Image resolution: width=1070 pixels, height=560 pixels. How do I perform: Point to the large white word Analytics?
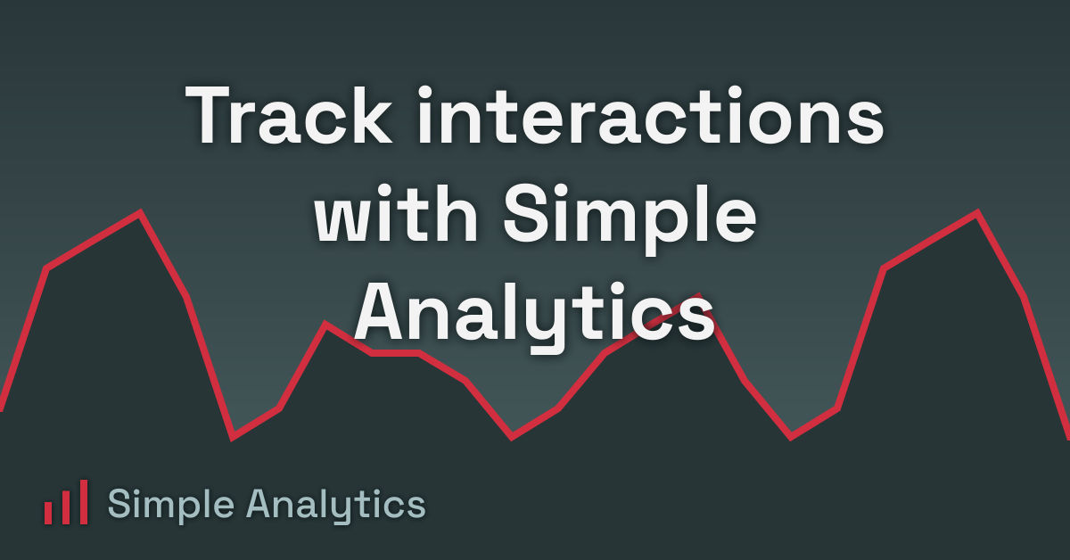(x=535, y=312)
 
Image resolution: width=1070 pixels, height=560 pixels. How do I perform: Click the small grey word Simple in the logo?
(x=169, y=506)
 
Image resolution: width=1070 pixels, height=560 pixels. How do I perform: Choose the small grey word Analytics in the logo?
(x=336, y=506)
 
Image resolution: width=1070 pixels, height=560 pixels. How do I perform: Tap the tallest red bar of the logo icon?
(x=83, y=502)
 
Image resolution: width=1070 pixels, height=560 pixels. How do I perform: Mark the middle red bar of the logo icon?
(x=66, y=507)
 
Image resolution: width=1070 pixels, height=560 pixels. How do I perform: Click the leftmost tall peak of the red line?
(x=140, y=212)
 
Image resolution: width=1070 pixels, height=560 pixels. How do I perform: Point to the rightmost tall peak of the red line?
(x=977, y=212)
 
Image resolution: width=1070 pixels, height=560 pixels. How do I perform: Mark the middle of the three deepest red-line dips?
(x=512, y=437)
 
